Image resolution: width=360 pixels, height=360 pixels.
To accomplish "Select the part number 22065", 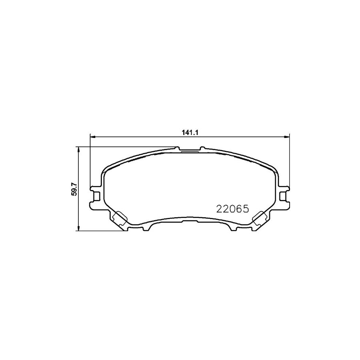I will [233, 208].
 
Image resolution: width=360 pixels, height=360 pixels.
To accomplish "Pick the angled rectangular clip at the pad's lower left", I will [119, 218].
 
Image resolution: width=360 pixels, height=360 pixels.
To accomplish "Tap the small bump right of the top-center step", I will [202, 148].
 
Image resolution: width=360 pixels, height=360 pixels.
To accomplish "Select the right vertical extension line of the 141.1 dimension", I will [290, 168].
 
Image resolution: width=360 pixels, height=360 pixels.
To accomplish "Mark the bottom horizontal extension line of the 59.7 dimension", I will [100, 230].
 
